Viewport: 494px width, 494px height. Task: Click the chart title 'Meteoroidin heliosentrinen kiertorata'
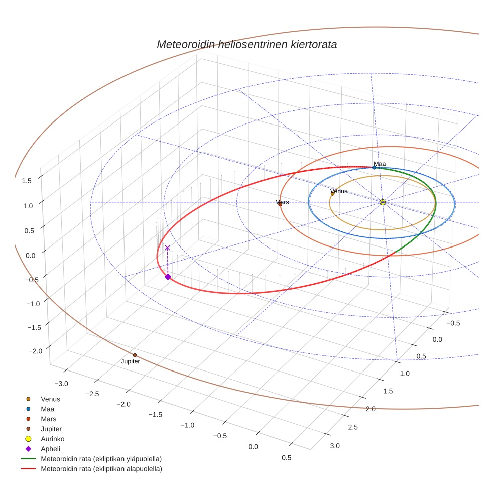click(x=246, y=44)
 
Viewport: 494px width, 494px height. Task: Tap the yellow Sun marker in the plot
click(x=383, y=202)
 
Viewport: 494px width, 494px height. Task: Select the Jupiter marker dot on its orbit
click(x=135, y=355)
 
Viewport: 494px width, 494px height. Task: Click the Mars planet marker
click(x=280, y=204)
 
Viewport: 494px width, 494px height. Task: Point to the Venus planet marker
click(x=332, y=193)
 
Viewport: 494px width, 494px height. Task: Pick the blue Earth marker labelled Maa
click(x=374, y=167)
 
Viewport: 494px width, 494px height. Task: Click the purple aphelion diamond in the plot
click(x=168, y=277)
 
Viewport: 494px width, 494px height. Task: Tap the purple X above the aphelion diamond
click(x=167, y=248)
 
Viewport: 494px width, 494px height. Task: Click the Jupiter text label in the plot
click(x=131, y=361)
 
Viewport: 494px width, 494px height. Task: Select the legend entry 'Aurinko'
click(x=51, y=439)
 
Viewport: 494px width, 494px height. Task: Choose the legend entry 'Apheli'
click(x=50, y=449)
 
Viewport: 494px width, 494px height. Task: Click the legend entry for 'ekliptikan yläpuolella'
click(x=101, y=459)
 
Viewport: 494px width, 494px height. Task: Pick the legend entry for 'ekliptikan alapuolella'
click(x=101, y=469)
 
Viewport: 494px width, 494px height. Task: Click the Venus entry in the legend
click(x=50, y=399)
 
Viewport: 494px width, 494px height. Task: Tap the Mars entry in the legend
click(x=48, y=419)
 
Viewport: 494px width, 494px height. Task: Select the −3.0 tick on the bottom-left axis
click(x=61, y=384)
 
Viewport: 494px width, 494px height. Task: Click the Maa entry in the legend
click(x=47, y=409)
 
